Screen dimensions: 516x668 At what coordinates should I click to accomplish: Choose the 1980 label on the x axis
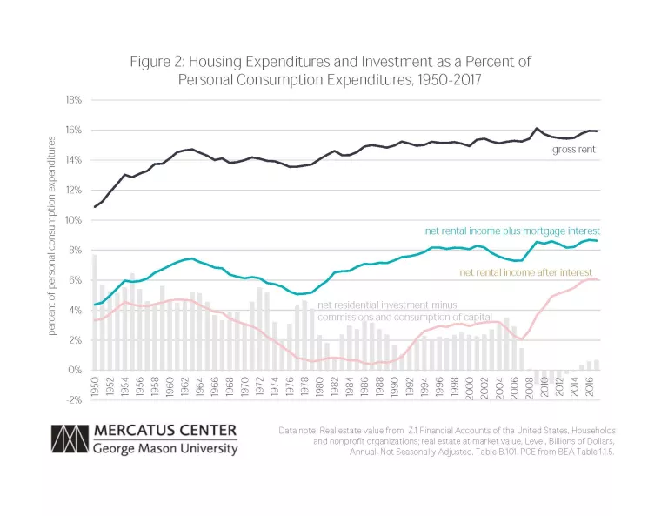[318, 387]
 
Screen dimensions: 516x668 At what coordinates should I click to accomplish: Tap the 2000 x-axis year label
[469, 387]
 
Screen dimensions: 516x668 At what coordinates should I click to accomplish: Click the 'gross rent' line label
[574, 150]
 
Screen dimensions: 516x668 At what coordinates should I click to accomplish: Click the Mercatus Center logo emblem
[69, 440]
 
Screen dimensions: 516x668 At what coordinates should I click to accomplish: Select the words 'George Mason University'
[164, 450]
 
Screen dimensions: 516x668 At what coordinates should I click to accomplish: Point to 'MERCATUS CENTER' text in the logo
[165, 432]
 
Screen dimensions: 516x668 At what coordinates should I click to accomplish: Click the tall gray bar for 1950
[95, 312]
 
